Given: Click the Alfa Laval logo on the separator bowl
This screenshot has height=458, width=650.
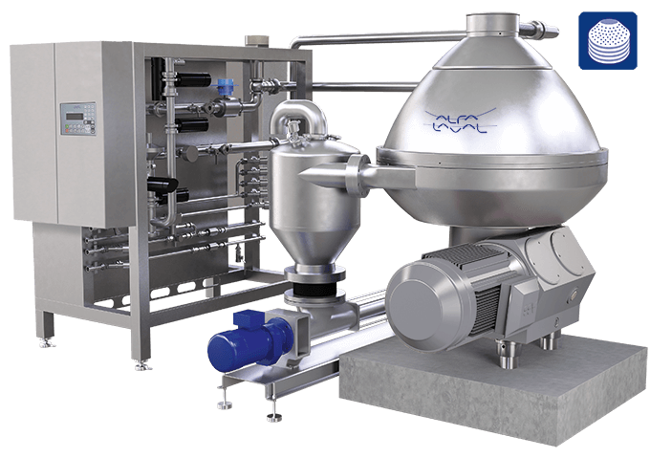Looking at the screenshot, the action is click(460, 120).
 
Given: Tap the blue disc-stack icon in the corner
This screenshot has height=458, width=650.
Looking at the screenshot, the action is click(608, 40).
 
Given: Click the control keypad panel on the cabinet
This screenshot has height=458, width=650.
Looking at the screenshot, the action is click(78, 119).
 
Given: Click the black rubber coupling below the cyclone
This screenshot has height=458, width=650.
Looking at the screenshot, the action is click(315, 287).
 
